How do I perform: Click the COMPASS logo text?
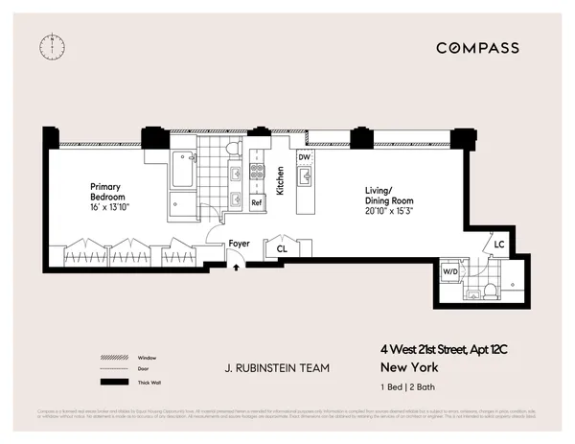pos(477,48)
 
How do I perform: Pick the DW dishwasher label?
pos(304,156)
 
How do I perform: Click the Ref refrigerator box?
pos(257,202)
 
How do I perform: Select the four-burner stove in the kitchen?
pos(257,174)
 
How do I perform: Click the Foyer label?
pos(240,245)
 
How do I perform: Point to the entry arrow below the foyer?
pos(237,268)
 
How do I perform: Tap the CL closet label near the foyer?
pos(282,248)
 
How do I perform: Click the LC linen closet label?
pos(499,245)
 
